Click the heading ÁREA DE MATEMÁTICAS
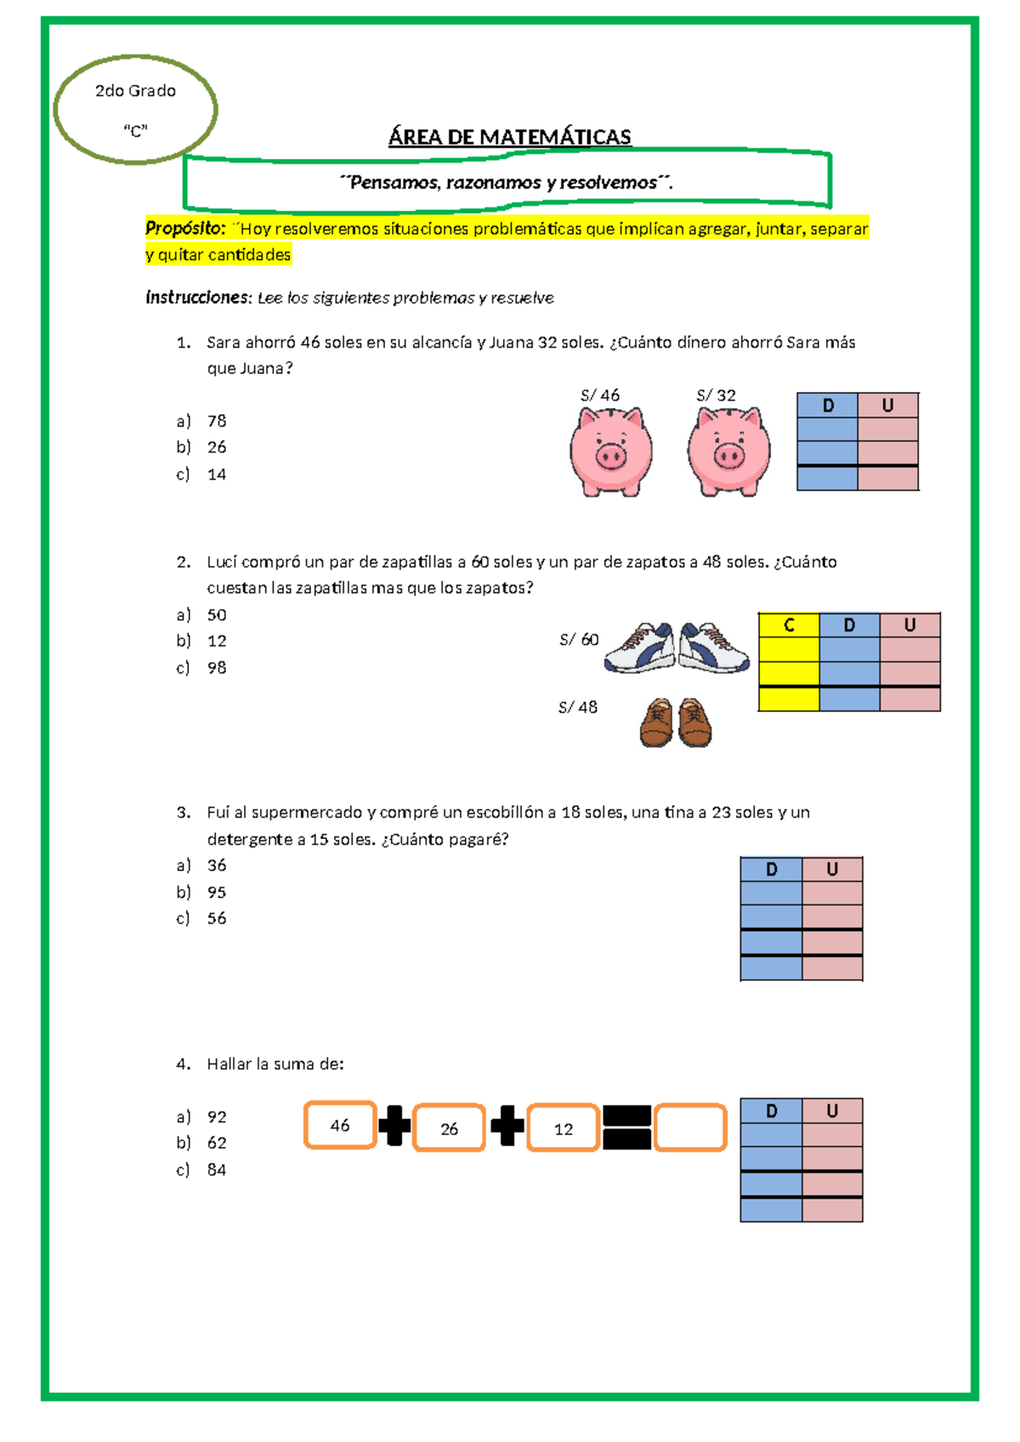tap(509, 137)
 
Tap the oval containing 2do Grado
tap(135, 109)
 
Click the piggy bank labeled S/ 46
tap(610, 451)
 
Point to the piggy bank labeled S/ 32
tap(728, 451)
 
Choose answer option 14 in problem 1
tap(216, 474)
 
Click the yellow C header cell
tap(788, 625)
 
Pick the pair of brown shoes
tap(676, 723)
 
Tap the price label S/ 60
tap(579, 639)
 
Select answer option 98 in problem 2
tap(216, 667)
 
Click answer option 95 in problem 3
tap(216, 892)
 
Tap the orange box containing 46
tap(340, 1125)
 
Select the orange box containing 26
tap(449, 1128)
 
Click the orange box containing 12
tap(563, 1128)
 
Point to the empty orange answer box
tap(690, 1127)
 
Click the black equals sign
tap(626, 1127)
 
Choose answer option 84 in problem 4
tap(216, 1170)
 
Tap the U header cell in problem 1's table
tap(887, 406)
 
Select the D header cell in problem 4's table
tap(771, 1110)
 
